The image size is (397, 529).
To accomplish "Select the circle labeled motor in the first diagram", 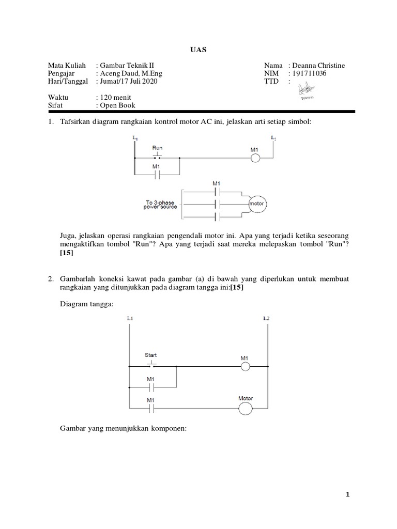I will [x=257, y=204].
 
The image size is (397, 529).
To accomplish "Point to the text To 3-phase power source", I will [x=161, y=205].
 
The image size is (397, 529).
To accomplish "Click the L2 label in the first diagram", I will [x=273, y=138].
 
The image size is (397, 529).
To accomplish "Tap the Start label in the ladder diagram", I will [x=151, y=355].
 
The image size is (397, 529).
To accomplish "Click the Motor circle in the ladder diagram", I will [x=246, y=409].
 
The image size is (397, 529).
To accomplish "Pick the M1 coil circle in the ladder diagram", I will [x=245, y=367].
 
